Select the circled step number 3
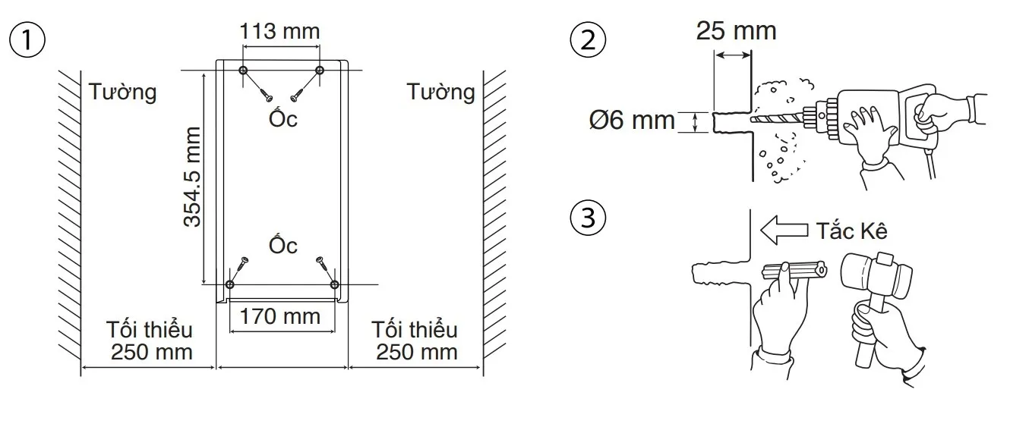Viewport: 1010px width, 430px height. click(587, 219)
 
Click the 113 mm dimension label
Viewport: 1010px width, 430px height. click(279, 32)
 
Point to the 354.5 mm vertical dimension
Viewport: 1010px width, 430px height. click(193, 176)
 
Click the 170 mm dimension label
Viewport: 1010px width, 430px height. click(280, 315)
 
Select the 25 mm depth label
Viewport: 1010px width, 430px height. click(736, 31)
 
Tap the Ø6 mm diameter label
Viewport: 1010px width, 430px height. click(632, 120)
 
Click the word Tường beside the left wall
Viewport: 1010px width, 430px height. click(122, 93)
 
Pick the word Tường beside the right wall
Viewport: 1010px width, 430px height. click(440, 93)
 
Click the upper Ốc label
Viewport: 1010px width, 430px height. click(282, 119)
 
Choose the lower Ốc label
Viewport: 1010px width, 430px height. click(282, 245)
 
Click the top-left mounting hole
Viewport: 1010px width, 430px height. click(243, 71)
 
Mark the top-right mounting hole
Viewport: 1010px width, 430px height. click(320, 71)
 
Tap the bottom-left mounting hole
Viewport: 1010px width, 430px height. click(230, 284)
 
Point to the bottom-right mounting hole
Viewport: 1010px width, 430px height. click(335, 284)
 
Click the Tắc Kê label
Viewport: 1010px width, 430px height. click(851, 231)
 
